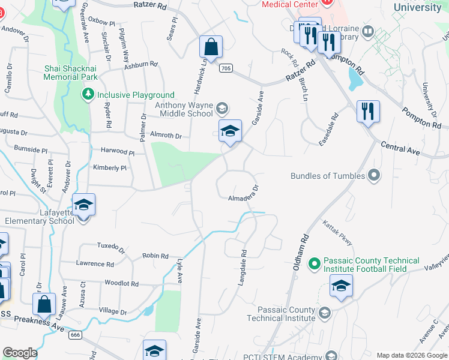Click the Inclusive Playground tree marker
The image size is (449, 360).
point(88,95)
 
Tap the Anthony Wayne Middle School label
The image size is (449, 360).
point(184,109)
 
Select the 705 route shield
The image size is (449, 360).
point(226,68)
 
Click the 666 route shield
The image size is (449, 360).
point(75,334)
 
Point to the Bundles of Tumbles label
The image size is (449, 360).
point(328,176)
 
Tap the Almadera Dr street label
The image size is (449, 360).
point(243,193)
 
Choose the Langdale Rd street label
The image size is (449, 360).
point(244,268)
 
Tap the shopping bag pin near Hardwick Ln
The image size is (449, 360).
point(211,47)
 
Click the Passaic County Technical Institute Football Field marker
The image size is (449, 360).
point(313,264)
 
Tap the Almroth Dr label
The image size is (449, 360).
point(166,136)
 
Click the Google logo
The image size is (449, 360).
point(20,353)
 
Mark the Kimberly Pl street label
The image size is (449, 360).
point(109,168)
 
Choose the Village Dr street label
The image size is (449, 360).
point(113,311)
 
